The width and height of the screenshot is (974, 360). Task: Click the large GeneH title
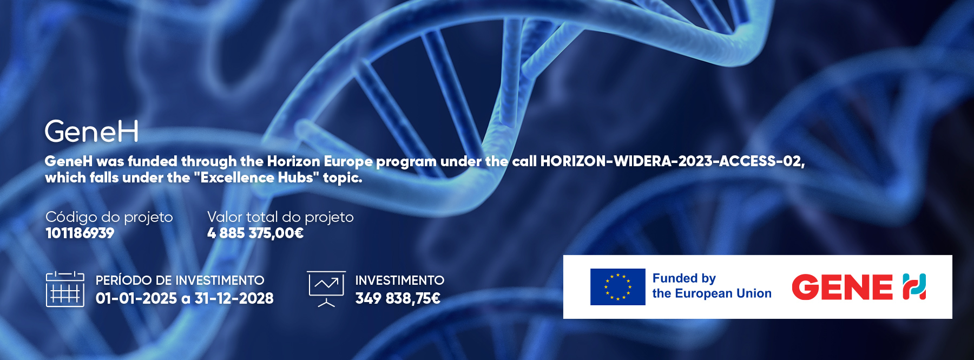tap(91, 132)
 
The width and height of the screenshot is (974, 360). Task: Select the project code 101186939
tap(80, 233)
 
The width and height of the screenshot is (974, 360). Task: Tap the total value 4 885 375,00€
tap(255, 233)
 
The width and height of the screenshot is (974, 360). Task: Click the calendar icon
tap(65, 289)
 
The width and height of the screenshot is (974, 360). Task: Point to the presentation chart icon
tap(326, 289)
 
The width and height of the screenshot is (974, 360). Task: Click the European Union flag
tap(618, 287)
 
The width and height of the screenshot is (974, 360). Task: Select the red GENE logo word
tap(843, 287)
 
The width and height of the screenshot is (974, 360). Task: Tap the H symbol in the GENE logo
tap(914, 287)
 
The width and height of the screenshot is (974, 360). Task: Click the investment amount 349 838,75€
tap(398, 298)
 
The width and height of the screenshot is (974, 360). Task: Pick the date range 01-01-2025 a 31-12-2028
tap(185, 298)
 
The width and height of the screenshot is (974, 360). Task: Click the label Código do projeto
tap(109, 217)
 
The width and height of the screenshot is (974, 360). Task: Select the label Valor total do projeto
tap(280, 217)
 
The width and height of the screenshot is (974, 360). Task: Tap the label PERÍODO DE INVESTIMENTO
tap(180, 280)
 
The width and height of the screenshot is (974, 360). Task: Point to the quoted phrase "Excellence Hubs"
tap(257, 178)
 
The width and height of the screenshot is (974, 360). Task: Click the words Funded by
tap(684, 278)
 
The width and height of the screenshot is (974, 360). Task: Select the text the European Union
tap(712, 293)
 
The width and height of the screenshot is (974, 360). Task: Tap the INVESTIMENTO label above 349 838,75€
tap(400, 280)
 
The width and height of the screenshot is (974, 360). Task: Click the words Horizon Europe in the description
tap(320, 161)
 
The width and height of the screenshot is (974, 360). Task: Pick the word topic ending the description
tap(343, 178)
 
